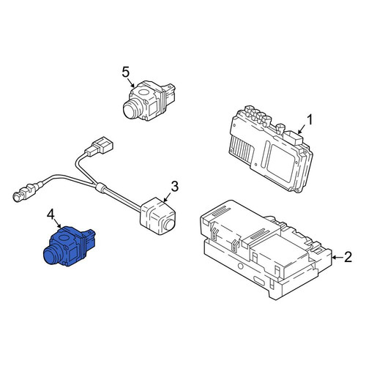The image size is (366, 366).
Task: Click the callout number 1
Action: (310, 120)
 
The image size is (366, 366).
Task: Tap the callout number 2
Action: (348, 257)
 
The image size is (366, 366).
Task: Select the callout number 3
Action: (175, 187)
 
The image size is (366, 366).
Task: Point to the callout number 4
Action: (51, 214)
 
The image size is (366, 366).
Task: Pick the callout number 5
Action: (125, 72)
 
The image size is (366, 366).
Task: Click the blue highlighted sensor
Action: (70, 247)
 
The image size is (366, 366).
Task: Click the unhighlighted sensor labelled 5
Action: (149, 100)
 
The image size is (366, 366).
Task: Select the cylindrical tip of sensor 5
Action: (132, 110)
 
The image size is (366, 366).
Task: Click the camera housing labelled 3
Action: (158, 216)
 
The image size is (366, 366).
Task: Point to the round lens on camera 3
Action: (168, 225)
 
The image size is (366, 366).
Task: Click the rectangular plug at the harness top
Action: (100, 146)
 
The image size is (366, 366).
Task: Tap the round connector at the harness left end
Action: (17, 197)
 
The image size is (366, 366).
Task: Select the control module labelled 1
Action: (271, 149)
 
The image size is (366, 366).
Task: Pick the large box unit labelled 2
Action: (266, 250)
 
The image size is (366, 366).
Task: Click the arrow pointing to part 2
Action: (337, 257)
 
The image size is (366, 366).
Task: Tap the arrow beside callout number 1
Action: (302, 129)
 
